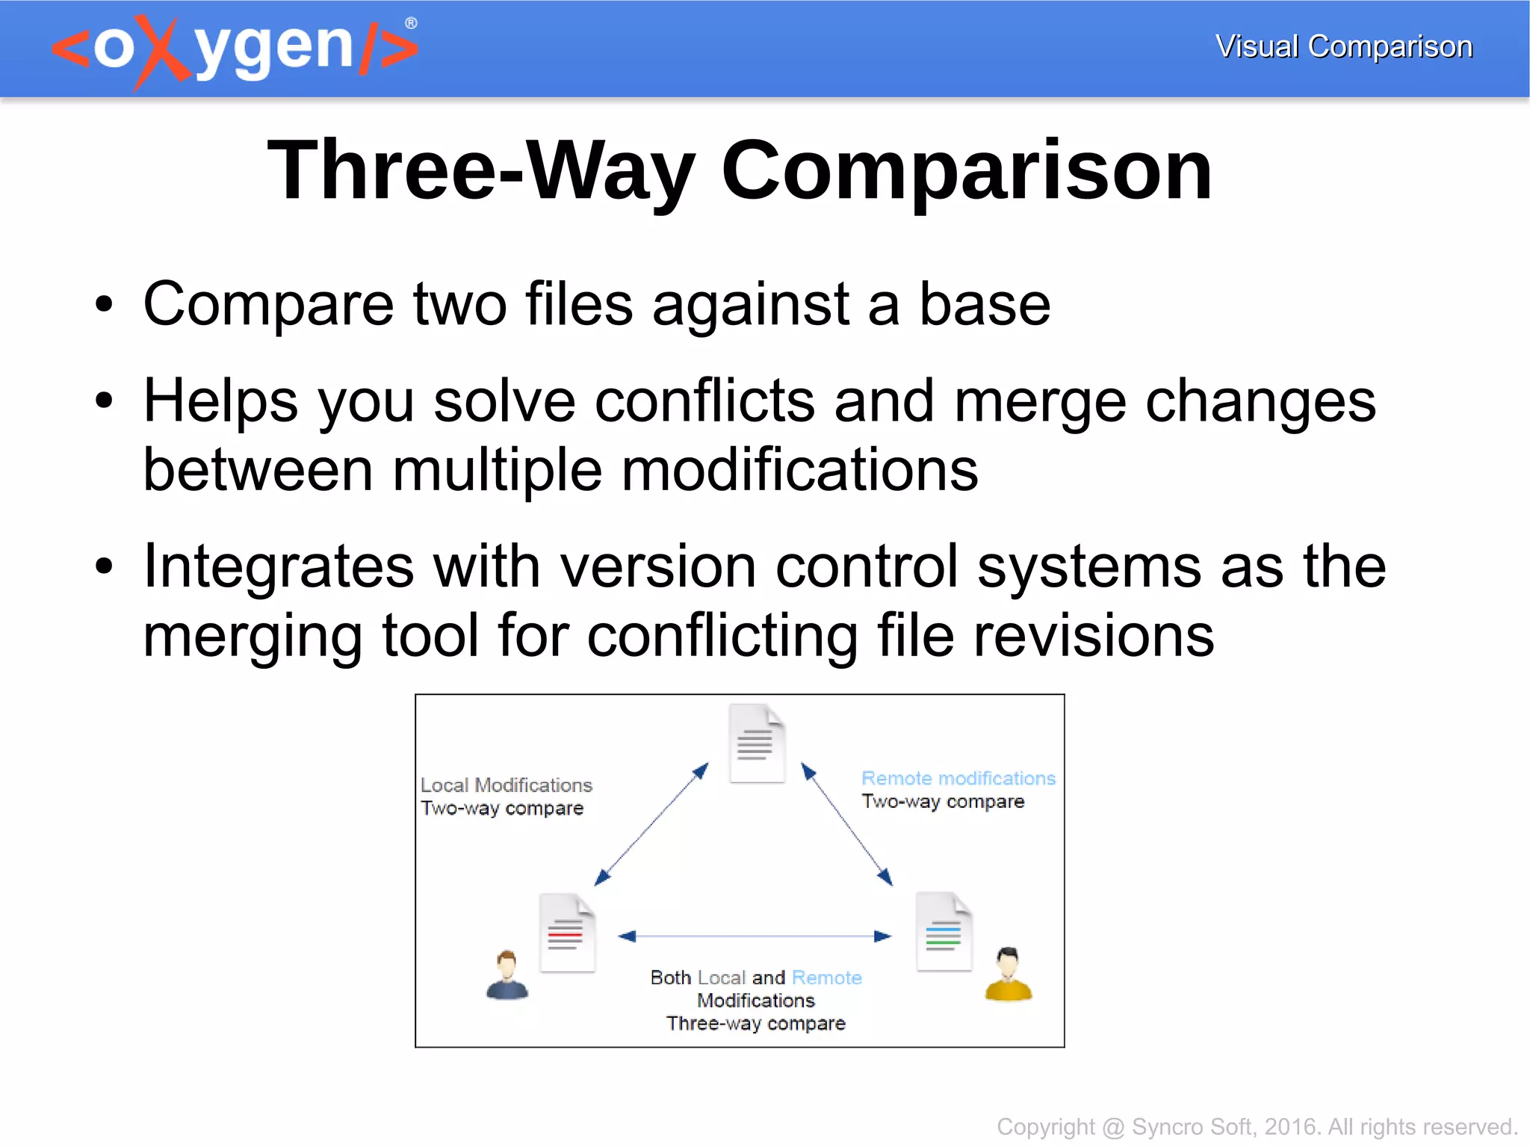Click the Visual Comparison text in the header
pos(1343,46)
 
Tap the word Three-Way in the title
pos(481,170)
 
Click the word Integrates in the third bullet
pos(278,566)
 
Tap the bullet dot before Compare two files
pos(104,305)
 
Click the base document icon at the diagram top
pos(756,743)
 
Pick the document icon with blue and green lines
pos(944,932)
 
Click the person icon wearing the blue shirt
pos(507,975)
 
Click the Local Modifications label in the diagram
pos(506,785)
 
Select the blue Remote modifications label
pos(958,779)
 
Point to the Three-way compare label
pos(755,1023)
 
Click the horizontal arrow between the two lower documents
pos(755,936)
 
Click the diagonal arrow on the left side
pos(651,824)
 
